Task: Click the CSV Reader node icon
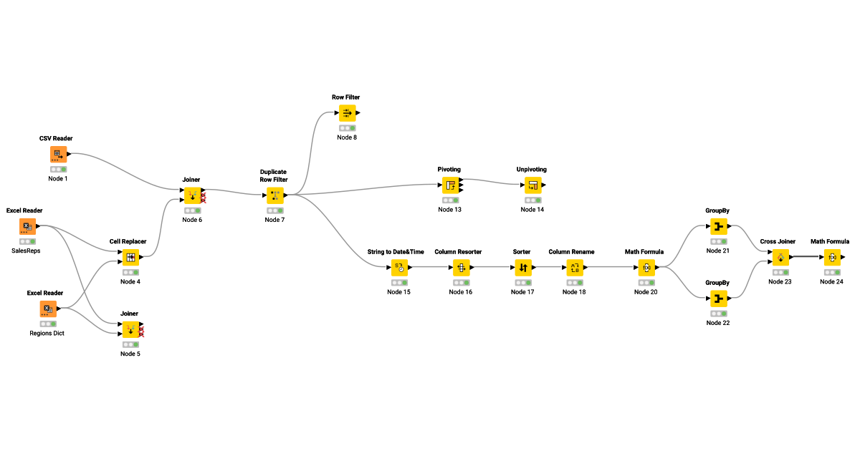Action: (x=58, y=155)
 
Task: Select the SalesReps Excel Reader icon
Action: (x=27, y=227)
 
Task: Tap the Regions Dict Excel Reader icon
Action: (x=47, y=309)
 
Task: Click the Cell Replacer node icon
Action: (x=130, y=258)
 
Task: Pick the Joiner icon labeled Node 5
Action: (x=130, y=330)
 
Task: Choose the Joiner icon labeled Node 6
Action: (x=192, y=195)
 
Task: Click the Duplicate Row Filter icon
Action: (x=274, y=195)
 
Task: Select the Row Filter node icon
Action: (x=347, y=113)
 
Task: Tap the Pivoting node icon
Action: (x=450, y=185)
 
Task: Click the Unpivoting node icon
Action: (x=532, y=185)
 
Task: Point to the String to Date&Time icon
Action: (x=399, y=268)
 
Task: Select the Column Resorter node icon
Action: (x=460, y=268)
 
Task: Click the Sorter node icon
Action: (x=522, y=268)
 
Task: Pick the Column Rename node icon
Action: (x=574, y=268)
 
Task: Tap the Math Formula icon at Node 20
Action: (x=646, y=268)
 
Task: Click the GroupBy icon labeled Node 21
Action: (x=718, y=227)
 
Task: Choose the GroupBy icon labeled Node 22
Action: (x=718, y=299)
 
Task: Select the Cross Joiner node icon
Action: (x=780, y=258)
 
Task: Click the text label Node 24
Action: (x=831, y=281)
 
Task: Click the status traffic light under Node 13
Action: (x=450, y=200)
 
